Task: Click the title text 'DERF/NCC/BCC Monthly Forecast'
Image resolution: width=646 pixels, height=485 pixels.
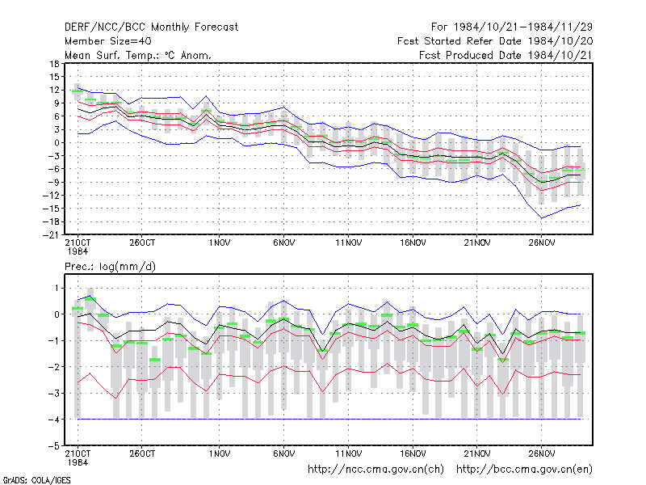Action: pos(151,27)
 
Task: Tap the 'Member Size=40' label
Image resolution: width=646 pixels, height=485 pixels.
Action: pos(108,41)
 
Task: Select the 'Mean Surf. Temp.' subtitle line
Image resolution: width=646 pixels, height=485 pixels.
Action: pos(138,55)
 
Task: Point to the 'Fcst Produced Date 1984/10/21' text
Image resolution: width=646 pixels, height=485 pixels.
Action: pos(505,55)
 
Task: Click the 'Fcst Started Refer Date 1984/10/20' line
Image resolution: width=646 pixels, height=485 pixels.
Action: pos(495,41)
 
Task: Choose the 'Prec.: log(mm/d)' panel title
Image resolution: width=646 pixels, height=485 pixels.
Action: pos(110,267)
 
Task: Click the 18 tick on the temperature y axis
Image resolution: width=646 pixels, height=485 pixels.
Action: pos(54,64)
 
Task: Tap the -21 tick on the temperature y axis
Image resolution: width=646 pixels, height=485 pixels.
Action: pos(51,234)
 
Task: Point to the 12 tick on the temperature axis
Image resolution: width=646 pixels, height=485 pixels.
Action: pos(54,90)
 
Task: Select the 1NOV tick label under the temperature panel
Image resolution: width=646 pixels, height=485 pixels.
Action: pos(219,242)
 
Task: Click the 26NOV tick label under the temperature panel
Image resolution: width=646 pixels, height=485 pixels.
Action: pos(542,242)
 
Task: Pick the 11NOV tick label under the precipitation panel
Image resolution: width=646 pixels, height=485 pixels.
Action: pos(349,453)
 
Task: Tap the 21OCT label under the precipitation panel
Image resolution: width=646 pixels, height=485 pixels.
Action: pos(78,458)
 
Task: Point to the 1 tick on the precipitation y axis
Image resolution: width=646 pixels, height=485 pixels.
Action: pos(57,288)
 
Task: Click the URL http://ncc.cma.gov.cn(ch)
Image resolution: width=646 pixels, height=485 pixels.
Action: pos(375,470)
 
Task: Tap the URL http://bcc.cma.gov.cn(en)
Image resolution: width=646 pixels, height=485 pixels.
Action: pos(524,470)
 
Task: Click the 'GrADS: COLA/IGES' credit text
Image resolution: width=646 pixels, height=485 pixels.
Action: pos(36,480)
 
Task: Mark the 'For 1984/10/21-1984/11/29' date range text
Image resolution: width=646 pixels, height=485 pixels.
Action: pos(512,27)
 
